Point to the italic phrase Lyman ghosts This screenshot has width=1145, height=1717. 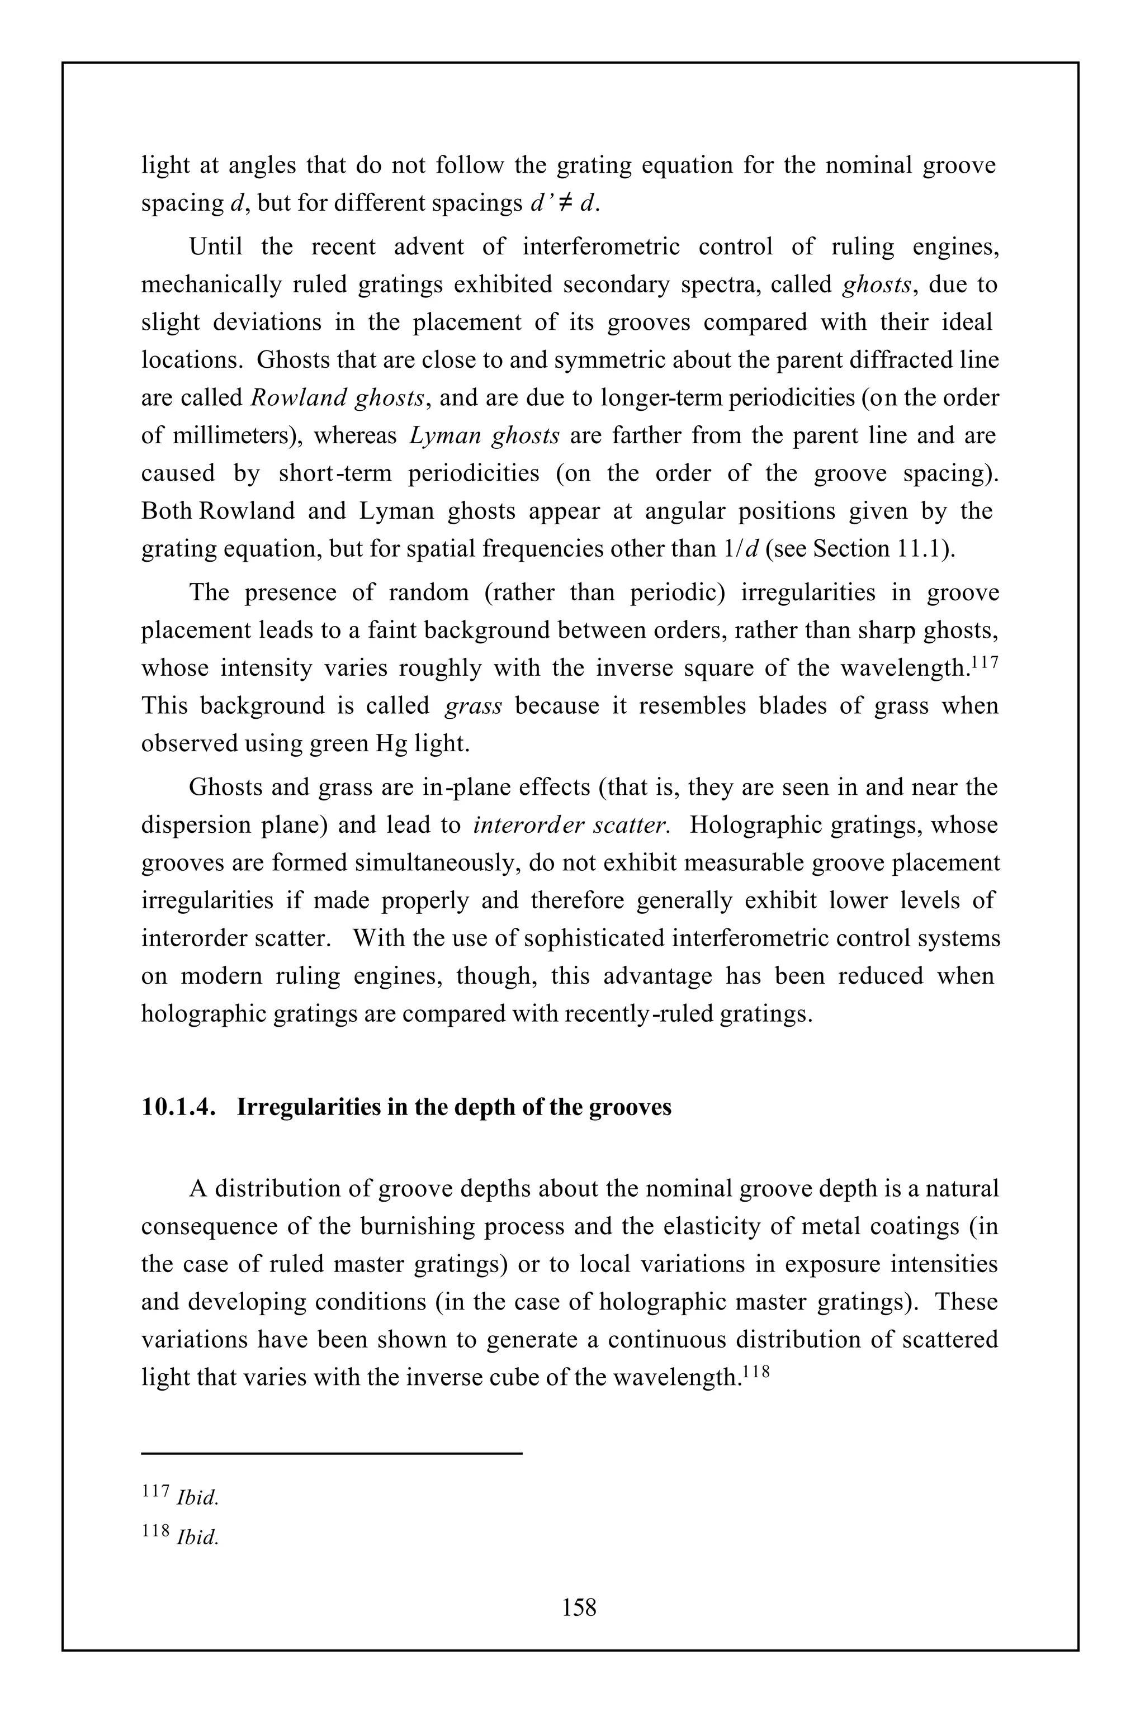(485, 436)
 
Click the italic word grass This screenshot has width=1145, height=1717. (473, 706)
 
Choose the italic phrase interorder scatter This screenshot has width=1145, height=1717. (570, 826)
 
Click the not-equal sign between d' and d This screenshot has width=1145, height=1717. (563, 203)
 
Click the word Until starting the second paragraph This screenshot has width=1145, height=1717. (216, 246)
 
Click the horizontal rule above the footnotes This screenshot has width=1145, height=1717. (332, 1453)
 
